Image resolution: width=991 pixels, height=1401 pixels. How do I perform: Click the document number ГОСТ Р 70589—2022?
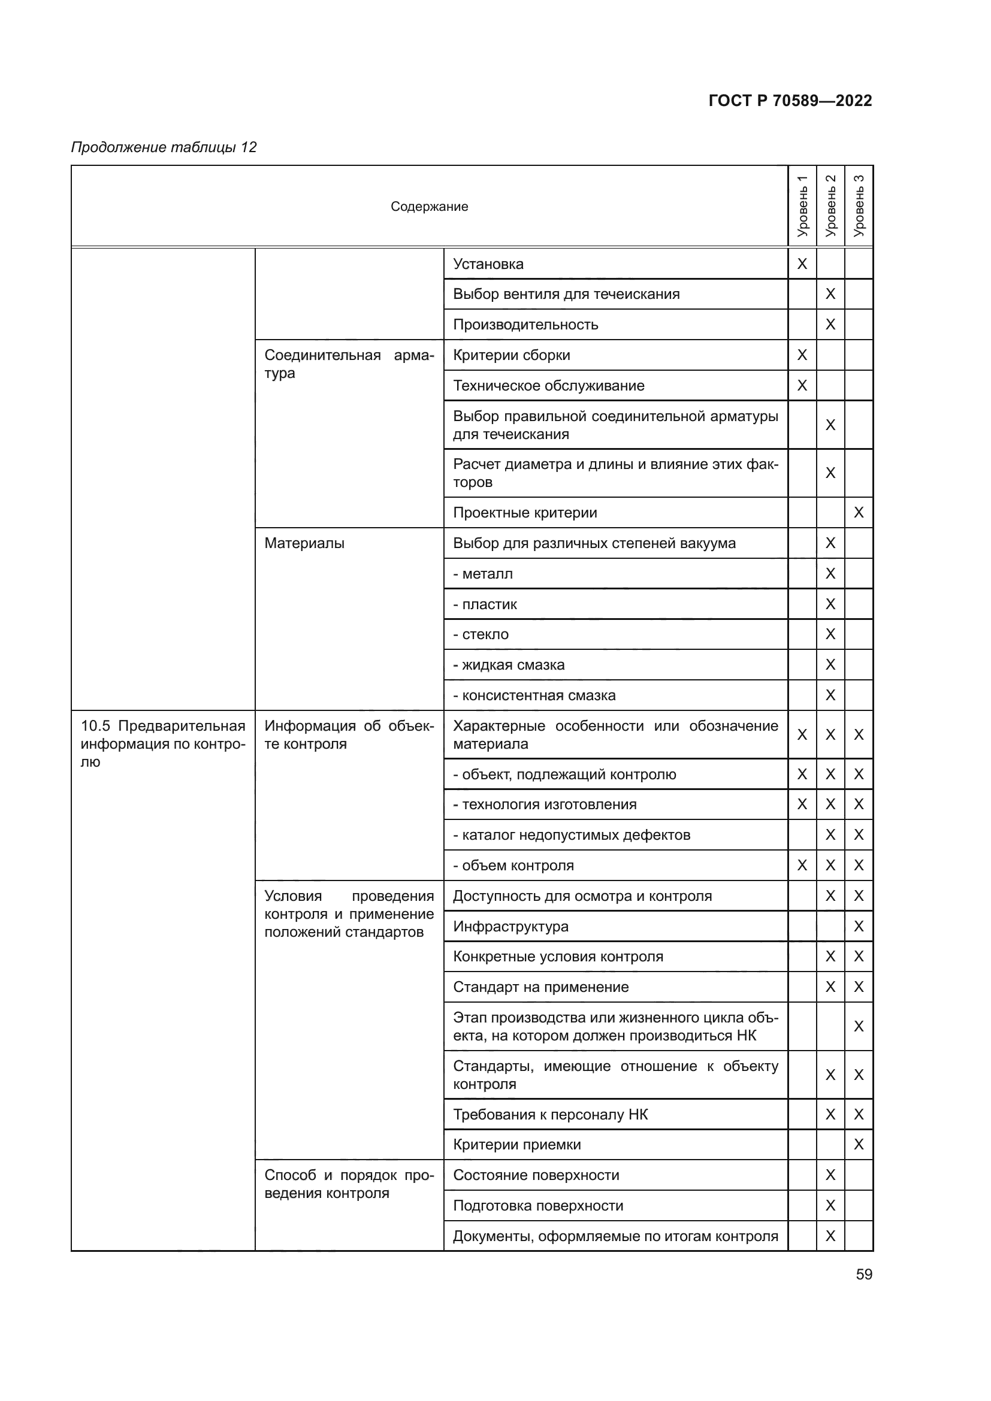(x=790, y=101)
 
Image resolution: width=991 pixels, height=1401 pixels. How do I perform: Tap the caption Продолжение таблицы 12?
(x=164, y=147)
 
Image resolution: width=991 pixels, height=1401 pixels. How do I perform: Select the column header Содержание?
(x=429, y=206)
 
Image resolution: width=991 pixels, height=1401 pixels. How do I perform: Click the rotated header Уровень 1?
(x=802, y=206)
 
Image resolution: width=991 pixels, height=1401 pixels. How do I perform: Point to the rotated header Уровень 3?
(x=859, y=206)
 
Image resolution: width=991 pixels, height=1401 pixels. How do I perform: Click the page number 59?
(x=864, y=1274)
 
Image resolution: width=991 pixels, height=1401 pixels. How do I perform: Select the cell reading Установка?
(x=488, y=264)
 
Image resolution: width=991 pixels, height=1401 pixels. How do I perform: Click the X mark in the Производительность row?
(x=830, y=325)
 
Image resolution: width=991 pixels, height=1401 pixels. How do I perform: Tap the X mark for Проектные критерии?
(x=859, y=513)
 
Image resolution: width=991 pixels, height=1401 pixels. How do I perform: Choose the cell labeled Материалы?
(x=304, y=543)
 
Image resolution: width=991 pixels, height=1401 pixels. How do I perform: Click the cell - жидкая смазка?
(x=509, y=664)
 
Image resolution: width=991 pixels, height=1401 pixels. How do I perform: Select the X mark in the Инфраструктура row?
(x=859, y=926)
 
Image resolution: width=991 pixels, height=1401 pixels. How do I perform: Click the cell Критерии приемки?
(x=517, y=1145)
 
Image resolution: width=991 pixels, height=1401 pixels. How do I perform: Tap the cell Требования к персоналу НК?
(x=551, y=1114)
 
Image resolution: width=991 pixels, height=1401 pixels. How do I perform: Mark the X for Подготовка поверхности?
(x=830, y=1206)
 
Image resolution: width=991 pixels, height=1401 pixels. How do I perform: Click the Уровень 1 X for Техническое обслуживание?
(x=802, y=386)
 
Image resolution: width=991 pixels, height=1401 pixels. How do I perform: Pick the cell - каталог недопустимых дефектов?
(x=572, y=835)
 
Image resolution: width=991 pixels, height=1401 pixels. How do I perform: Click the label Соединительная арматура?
(x=349, y=364)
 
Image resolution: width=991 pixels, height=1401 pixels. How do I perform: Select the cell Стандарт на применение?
(x=540, y=987)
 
